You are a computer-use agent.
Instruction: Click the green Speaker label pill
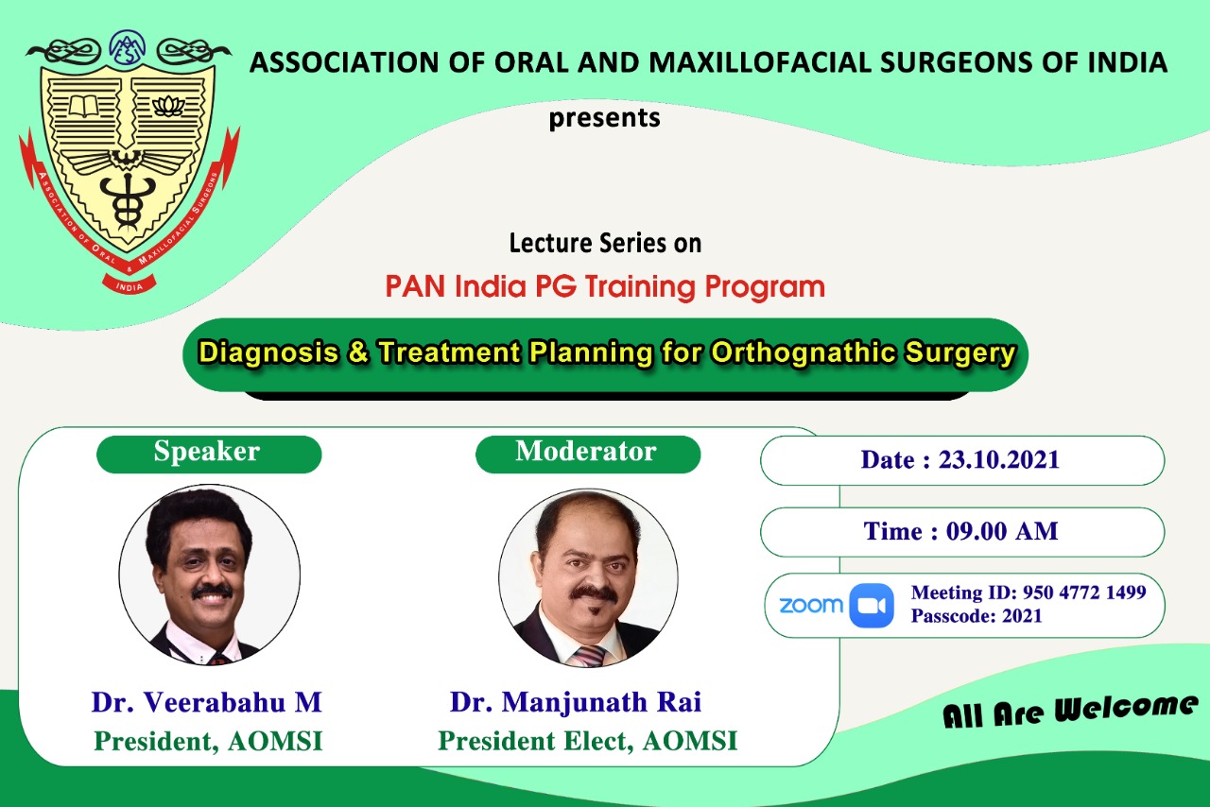(x=209, y=455)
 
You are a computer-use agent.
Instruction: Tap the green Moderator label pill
(x=588, y=455)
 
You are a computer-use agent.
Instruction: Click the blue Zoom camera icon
(x=872, y=606)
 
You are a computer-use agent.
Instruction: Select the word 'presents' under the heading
(x=604, y=118)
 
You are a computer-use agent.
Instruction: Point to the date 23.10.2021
(x=999, y=460)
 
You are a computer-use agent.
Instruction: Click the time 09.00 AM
(x=1002, y=531)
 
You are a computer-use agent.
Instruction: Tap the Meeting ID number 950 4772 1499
(x=1084, y=592)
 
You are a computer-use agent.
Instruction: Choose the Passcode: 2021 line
(x=977, y=616)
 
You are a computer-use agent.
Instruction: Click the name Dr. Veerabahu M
(x=207, y=702)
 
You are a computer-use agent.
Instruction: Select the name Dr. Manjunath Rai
(x=576, y=702)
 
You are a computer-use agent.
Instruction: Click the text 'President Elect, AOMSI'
(x=587, y=741)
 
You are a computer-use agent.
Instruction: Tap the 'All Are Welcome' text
(x=1070, y=711)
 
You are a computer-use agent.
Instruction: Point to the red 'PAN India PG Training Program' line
(x=605, y=286)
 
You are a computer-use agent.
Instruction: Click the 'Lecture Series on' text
(x=605, y=243)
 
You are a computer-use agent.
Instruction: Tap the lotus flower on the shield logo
(x=168, y=107)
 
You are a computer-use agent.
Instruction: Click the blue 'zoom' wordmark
(x=811, y=606)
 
